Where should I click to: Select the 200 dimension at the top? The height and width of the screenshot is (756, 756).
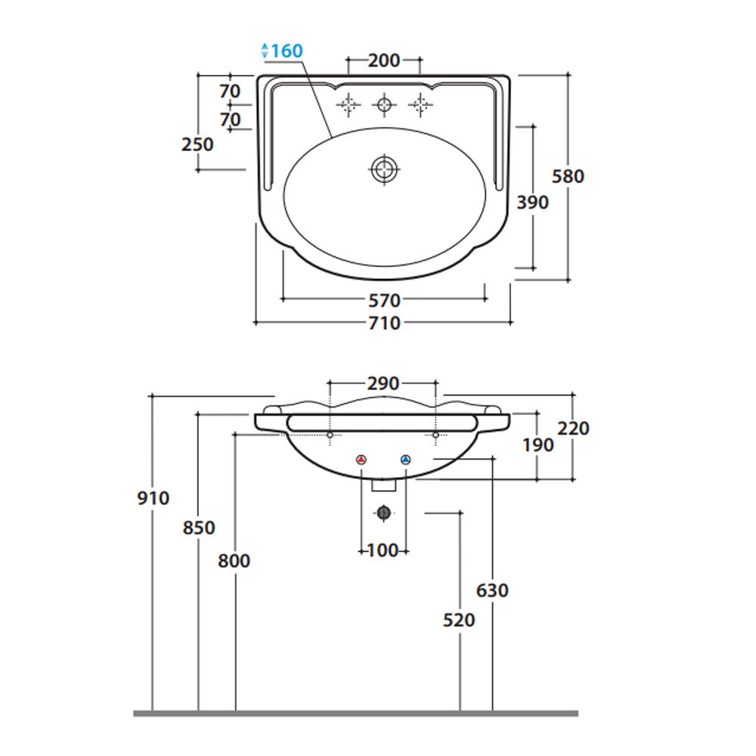click(384, 60)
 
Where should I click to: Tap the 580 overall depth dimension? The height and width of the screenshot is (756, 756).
click(568, 176)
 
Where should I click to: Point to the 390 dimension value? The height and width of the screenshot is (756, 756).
click(533, 203)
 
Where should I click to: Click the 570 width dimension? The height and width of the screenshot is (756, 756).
click(384, 301)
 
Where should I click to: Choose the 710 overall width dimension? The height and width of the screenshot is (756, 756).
click(384, 323)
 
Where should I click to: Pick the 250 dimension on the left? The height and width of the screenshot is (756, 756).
click(197, 144)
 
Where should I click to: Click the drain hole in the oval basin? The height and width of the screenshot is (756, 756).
click(384, 169)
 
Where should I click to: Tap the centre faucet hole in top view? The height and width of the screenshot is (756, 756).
click(384, 104)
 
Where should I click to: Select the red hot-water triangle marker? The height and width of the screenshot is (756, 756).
click(361, 460)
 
